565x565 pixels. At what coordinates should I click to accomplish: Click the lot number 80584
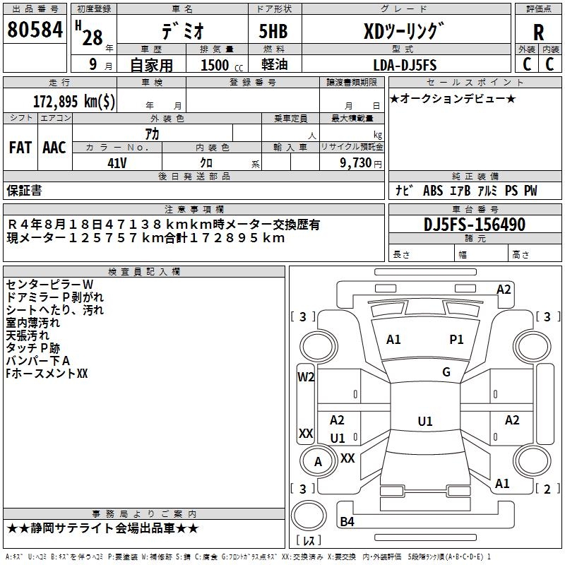coord(35,30)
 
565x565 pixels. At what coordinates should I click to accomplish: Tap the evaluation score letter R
coord(538,32)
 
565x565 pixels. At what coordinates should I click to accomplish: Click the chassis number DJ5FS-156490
coord(475,225)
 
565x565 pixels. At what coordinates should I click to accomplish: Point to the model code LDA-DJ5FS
coord(405,65)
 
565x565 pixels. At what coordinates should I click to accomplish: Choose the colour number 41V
coord(117,163)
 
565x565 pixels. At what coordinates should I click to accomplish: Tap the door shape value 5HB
coord(273,31)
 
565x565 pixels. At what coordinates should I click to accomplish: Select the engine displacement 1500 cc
coord(222,65)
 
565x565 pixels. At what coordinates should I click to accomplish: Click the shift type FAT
coord(20,148)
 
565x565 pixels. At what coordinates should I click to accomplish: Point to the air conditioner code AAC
coord(54,148)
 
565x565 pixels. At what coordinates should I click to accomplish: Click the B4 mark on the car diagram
coord(347,521)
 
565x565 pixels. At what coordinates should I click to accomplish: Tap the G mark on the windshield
coord(446,372)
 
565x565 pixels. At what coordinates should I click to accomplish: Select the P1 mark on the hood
coord(456,340)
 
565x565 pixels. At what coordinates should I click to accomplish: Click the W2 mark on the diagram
coord(306,377)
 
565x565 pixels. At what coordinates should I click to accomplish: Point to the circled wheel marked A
coord(317,462)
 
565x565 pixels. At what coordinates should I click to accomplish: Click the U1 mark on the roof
coord(425,421)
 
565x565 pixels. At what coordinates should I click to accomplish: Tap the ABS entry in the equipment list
coord(433,191)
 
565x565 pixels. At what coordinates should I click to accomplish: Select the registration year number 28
coord(93,37)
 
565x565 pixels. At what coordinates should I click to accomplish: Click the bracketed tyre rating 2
coord(547,489)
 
